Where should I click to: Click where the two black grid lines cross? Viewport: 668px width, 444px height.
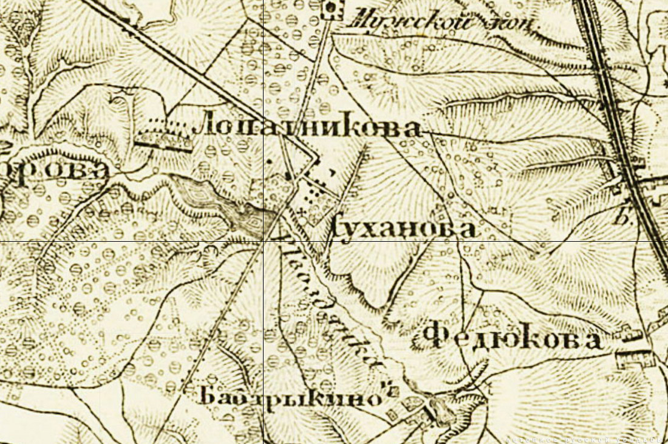point(264,242)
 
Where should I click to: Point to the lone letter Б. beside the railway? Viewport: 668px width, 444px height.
point(621,218)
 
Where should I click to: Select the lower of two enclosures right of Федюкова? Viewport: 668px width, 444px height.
point(634,358)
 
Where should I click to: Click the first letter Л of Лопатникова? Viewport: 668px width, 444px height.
point(204,127)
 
